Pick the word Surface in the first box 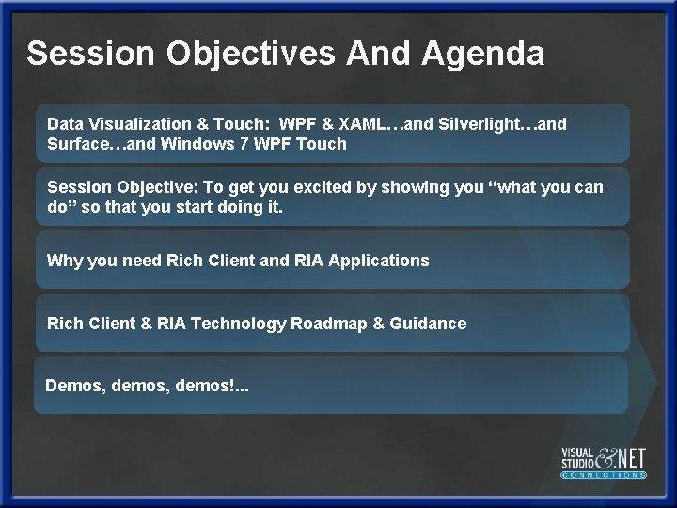80,144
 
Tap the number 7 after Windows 249,144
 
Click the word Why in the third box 64,261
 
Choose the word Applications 380,261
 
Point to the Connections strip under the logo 604,476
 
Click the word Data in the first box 64,124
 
